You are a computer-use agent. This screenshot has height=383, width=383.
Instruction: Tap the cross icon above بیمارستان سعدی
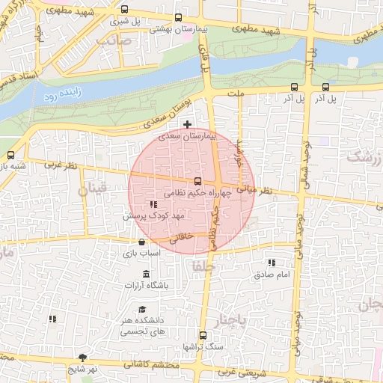pos(187,123)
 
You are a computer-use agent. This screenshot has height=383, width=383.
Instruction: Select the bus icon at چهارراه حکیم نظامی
pos(197,181)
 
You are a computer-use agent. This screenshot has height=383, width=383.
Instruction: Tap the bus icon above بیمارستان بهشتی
pos(177,18)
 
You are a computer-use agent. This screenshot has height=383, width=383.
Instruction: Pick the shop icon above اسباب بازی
pos(141,242)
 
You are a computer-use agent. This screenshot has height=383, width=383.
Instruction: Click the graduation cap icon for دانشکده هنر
pos(142,310)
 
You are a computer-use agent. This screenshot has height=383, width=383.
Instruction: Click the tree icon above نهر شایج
pos(82,357)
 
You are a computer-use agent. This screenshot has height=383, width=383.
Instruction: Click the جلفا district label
pos(203,266)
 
